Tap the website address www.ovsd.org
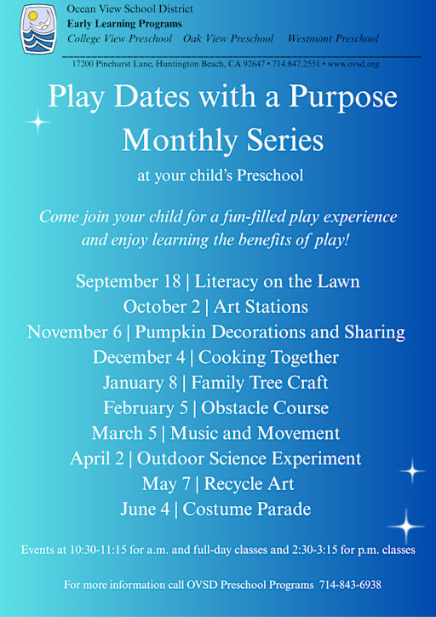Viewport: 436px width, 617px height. [x=353, y=64]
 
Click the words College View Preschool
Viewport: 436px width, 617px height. [x=119, y=38]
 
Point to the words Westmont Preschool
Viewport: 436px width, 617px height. [x=333, y=38]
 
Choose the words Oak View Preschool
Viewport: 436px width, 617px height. [x=228, y=38]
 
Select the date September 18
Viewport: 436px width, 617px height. [x=127, y=282]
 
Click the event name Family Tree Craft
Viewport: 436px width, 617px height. [x=260, y=383]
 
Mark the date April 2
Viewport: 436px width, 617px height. [x=97, y=459]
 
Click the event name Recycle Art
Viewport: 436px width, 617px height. [x=250, y=485]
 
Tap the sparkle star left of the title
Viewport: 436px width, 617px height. [x=37, y=123]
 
